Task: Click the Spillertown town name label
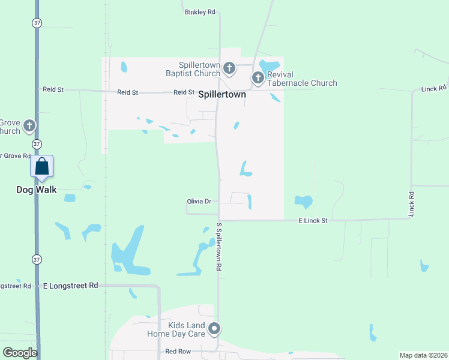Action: (222, 94)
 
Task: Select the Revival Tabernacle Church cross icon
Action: (258, 77)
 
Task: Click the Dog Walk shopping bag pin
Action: (42, 166)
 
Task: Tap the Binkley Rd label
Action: (200, 11)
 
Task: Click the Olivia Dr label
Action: (199, 202)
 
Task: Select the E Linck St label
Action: (313, 221)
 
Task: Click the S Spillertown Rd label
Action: (219, 247)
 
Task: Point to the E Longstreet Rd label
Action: (70, 286)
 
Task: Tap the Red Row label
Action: (178, 351)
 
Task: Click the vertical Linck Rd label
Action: (411, 204)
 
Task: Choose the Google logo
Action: (20, 353)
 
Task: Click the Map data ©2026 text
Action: (423, 355)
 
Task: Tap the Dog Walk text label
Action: (36, 190)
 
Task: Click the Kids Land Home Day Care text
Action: (176, 328)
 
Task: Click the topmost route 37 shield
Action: (37, 23)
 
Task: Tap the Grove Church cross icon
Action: (28, 126)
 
